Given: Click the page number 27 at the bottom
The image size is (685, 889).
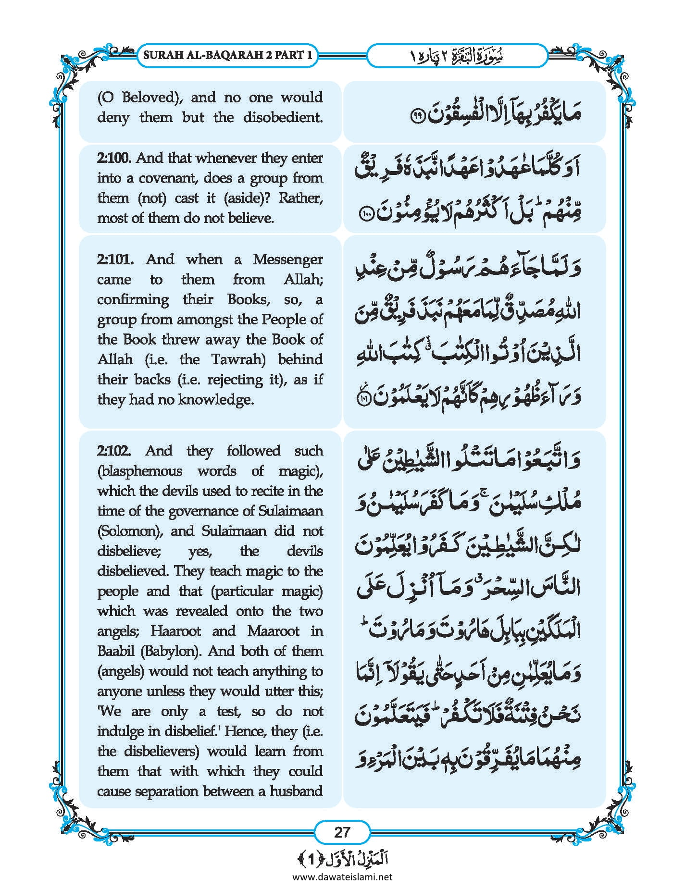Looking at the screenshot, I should tap(342, 832).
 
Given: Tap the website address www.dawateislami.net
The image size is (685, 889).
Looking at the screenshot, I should tap(342, 877).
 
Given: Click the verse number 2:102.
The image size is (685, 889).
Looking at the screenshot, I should tap(114, 451).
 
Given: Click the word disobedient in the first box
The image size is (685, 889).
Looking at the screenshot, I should tap(283, 118).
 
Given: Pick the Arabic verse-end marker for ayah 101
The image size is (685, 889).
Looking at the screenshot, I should tap(366, 398).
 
